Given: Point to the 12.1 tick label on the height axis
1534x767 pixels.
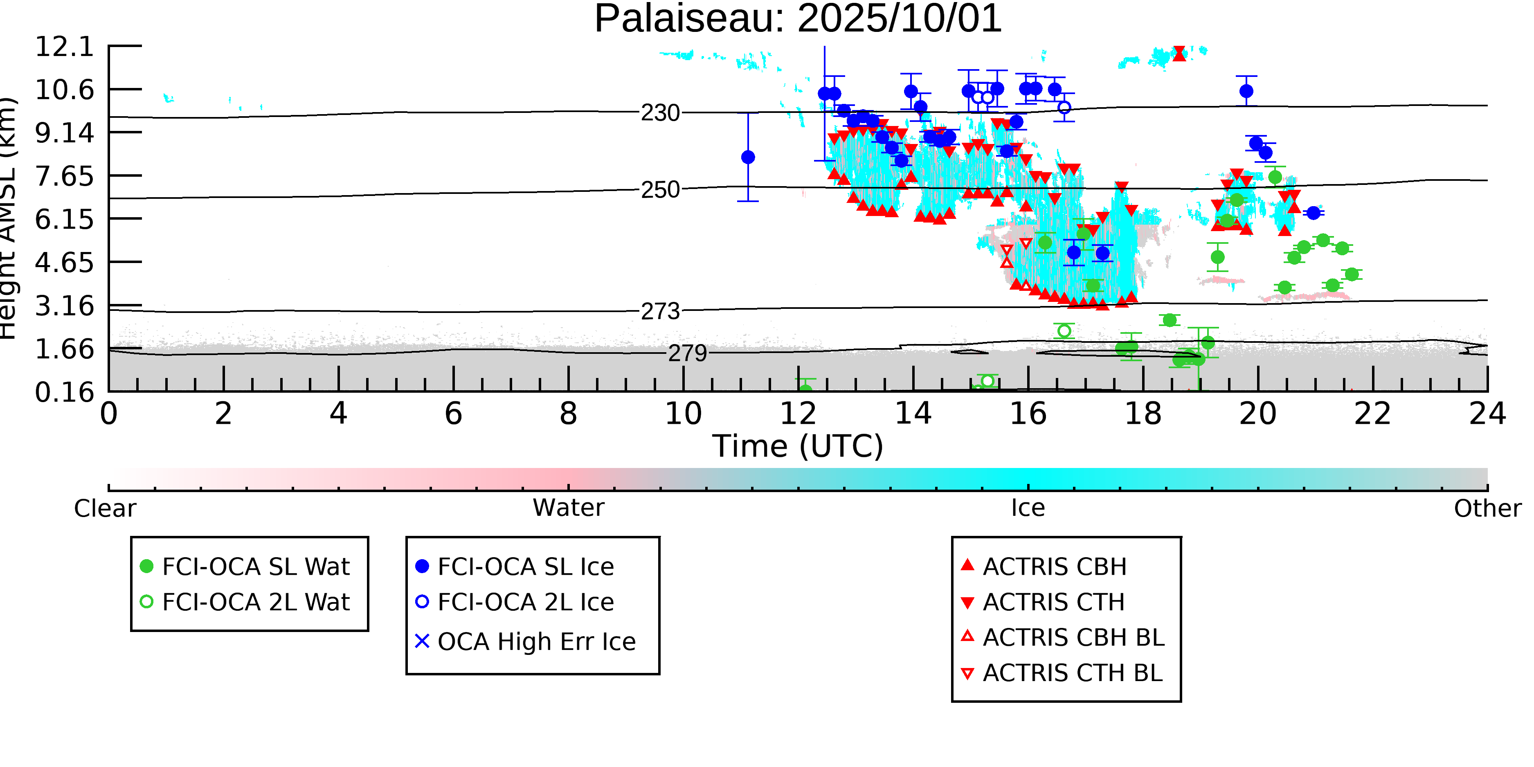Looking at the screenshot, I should pyautogui.click(x=64, y=47).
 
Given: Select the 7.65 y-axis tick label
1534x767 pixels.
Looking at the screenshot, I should pyautogui.click(x=64, y=177).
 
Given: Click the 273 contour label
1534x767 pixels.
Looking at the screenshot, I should pyautogui.click(x=660, y=311).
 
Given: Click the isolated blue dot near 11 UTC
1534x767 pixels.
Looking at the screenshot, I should pyautogui.click(x=748, y=157).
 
